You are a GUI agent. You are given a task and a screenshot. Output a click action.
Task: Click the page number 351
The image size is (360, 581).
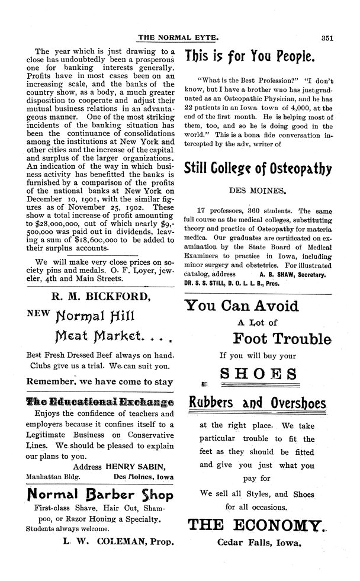coord(329,37)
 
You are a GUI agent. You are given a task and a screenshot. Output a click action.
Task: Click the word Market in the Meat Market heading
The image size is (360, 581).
coord(125,339)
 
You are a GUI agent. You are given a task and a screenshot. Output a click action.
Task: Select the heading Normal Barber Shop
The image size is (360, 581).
coord(100,496)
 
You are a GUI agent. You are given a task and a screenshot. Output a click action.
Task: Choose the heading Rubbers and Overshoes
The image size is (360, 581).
coord(256,404)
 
